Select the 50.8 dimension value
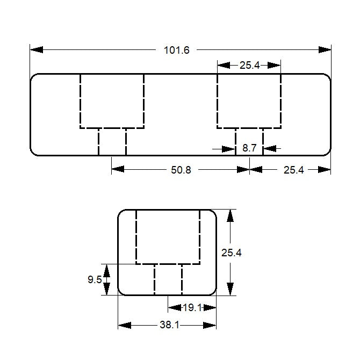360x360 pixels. [181, 170]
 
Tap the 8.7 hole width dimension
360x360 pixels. [249, 148]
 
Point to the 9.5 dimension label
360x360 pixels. [94, 279]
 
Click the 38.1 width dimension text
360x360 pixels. [169, 326]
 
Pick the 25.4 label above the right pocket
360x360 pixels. [249, 66]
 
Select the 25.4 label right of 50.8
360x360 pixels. [293, 170]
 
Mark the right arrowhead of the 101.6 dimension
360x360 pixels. [325, 49]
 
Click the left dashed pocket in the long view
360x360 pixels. [112, 101]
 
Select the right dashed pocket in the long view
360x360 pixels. [249, 101]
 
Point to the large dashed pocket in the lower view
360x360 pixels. [168, 236]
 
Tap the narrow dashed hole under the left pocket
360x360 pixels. [112, 142]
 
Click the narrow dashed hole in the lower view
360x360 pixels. [168, 279]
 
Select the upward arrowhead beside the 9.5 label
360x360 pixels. [106, 270]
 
